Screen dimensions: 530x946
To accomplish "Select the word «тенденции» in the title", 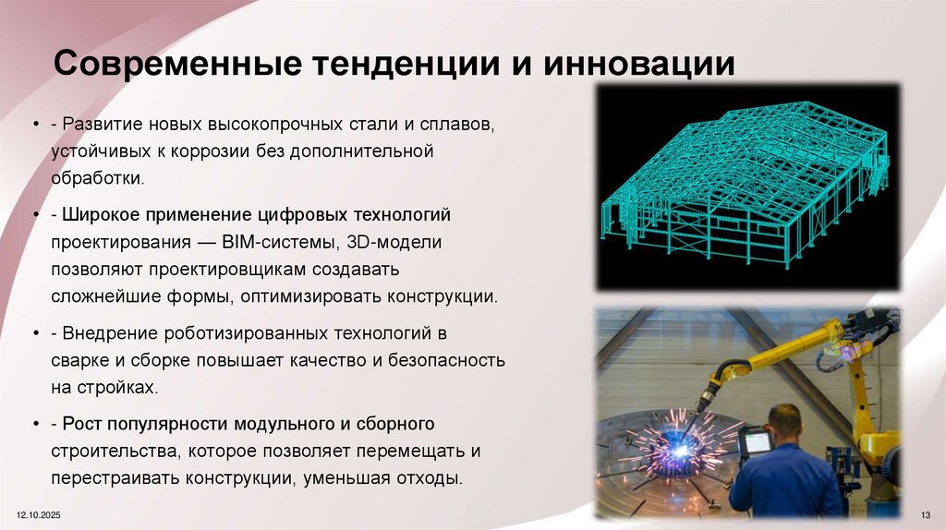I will tap(403, 65).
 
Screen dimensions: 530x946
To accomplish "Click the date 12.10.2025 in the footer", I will tap(34, 512).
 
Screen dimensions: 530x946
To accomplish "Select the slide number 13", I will tap(926, 513).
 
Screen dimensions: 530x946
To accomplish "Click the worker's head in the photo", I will tap(784, 424).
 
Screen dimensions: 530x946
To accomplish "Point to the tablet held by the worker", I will tap(757, 443).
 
